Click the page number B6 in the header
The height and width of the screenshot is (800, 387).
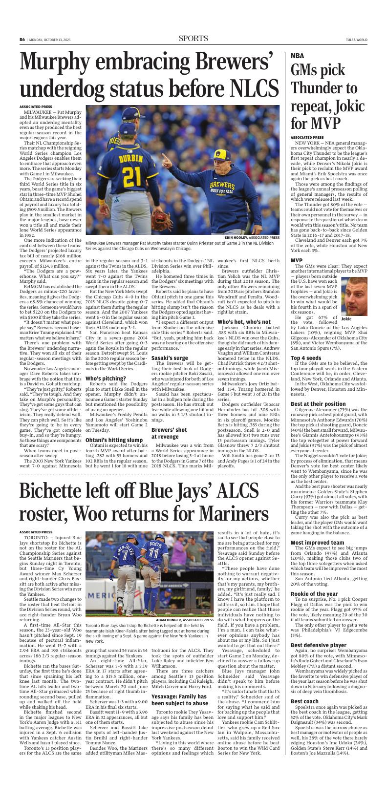tap(22, 40)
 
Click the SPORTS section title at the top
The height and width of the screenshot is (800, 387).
tap(193, 39)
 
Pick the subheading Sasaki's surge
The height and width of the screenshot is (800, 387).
tap(170, 358)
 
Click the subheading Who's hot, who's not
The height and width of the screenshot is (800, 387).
tap(243, 322)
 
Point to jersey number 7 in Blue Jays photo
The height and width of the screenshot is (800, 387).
tap(125, 554)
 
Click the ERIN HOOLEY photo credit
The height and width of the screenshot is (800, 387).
tap(252, 238)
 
